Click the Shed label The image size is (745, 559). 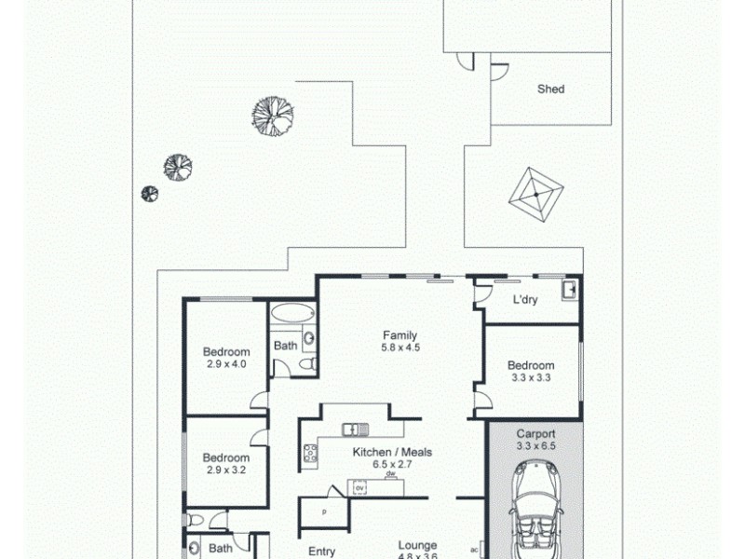tap(550, 89)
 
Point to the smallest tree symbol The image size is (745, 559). tap(149, 194)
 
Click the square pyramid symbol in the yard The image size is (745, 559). tap(536, 194)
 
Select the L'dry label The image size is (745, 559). tap(527, 301)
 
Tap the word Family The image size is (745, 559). tap(400, 335)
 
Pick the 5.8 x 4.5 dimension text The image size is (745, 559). tap(400, 348)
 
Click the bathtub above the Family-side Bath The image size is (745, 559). tap(292, 315)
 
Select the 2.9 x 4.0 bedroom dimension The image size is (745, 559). tap(226, 364)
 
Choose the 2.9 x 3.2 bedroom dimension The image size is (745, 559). tap(226, 470)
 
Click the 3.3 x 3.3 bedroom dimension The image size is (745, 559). tap(531, 378)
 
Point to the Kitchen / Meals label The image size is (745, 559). tap(392, 453)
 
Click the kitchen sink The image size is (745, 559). tap(355, 429)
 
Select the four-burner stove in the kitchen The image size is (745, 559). tap(310, 454)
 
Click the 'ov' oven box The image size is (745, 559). tap(359, 487)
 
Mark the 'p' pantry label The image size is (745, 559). tap(324, 511)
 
